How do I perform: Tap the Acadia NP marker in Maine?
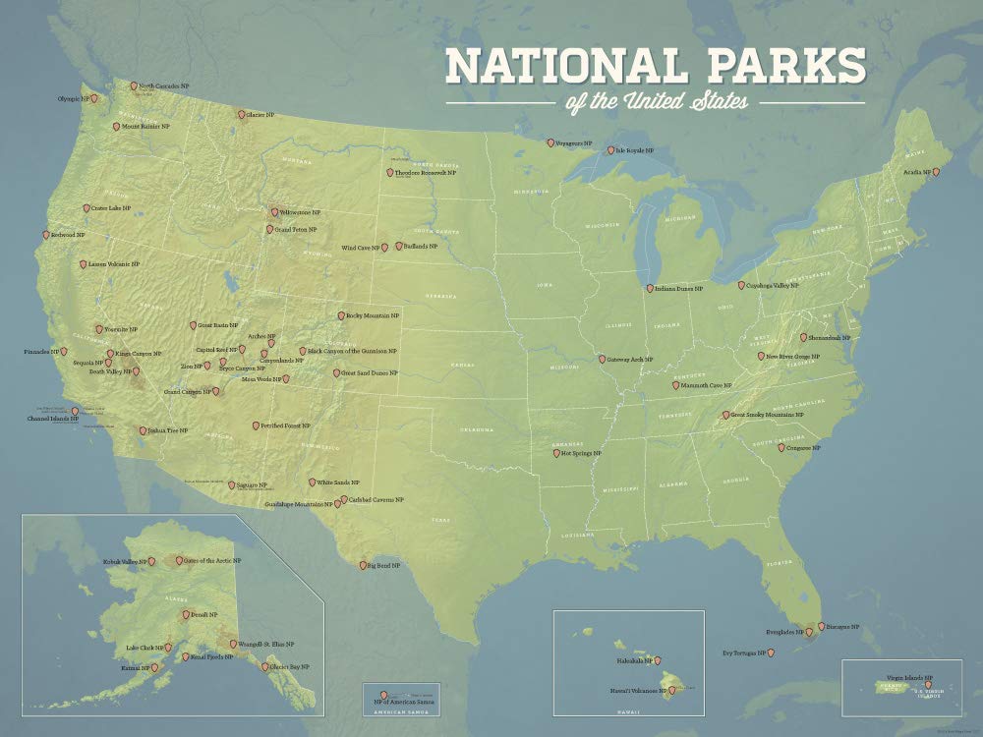pos(936,172)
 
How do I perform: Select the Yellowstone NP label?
pos(301,212)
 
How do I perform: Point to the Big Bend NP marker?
pos(362,566)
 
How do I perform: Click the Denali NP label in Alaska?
pos(203,614)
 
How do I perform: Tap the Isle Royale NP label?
pos(635,151)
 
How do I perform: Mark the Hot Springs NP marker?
pos(555,453)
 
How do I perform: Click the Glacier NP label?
pos(260,115)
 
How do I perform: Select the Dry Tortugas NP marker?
pos(769,653)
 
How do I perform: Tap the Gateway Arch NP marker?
pos(601,360)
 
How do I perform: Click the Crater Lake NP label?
pos(104,208)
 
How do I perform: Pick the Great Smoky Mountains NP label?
pos(768,415)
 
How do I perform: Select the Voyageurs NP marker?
pos(550,143)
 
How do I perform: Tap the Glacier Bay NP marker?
pos(264,666)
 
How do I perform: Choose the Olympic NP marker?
pos(94,98)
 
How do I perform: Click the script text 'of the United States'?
pos(656,101)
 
